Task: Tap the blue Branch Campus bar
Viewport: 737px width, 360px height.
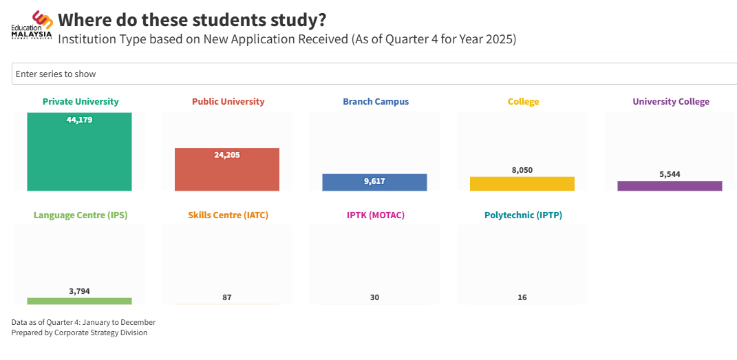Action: pyautogui.click(x=374, y=182)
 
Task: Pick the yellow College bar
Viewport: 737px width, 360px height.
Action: pyautogui.click(x=522, y=184)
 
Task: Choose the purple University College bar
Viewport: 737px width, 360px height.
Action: pyautogui.click(x=670, y=186)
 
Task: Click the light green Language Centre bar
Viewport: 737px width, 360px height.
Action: pyautogui.click(x=79, y=301)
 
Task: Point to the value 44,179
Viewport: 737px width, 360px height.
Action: pyautogui.click(x=79, y=120)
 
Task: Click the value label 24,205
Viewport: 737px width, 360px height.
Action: pyautogui.click(x=227, y=155)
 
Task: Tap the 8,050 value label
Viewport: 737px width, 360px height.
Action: pyautogui.click(x=522, y=170)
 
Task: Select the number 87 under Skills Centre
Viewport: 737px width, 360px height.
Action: pyautogui.click(x=227, y=297)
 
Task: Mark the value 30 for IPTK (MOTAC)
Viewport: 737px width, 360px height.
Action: pyautogui.click(x=374, y=297)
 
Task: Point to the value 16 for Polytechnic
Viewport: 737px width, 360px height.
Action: pyautogui.click(x=522, y=297)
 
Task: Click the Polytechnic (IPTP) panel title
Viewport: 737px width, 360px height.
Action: pyautogui.click(x=523, y=215)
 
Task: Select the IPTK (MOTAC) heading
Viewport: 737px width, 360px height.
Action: pyautogui.click(x=375, y=215)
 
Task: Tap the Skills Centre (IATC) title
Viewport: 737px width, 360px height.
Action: pyautogui.click(x=228, y=215)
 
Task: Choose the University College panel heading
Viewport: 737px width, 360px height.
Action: pyautogui.click(x=670, y=102)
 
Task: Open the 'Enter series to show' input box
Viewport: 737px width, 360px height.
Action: pyautogui.click(x=372, y=74)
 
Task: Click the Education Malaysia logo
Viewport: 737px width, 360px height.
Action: pyautogui.click(x=32, y=25)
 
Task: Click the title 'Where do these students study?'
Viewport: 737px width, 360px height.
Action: pyautogui.click(x=192, y=19)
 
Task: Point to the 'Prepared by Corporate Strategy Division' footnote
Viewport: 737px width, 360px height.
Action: pyautogui.click(x=79, y=333)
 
